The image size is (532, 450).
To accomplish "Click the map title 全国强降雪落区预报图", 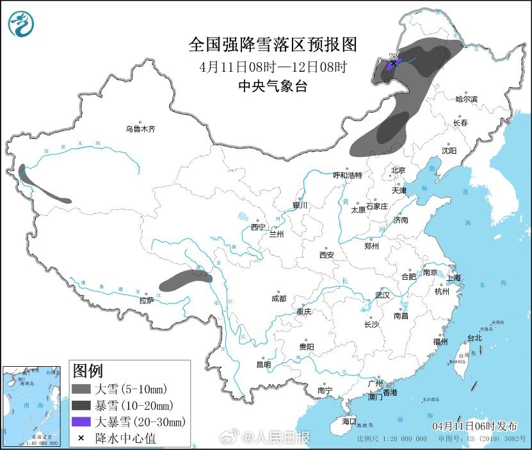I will (272, 44).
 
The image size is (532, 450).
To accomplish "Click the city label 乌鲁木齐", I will (140, 129).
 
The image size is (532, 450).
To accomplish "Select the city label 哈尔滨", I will (466, 99).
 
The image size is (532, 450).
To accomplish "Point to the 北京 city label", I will (398, 170).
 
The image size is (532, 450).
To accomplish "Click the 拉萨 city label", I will (147, 300).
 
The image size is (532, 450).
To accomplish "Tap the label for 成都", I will (278, 298).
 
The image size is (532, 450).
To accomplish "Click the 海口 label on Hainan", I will (348, 422).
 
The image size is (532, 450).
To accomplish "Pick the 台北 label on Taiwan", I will (474, 337).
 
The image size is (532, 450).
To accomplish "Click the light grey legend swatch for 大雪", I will (82, 389).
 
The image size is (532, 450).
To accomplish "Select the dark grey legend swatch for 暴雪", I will (82, 405).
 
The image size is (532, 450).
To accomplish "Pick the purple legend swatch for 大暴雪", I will (82, 421).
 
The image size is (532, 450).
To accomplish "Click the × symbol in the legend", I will (82, 438).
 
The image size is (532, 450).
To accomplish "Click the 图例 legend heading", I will (88, 371).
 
